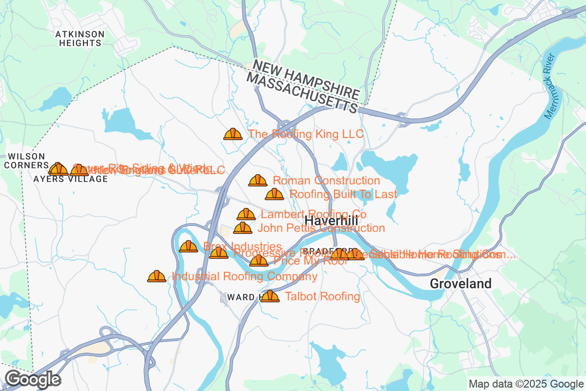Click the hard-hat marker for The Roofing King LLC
(x=233, y=134)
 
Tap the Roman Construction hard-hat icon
(x=258, y=181)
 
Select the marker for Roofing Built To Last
(x=274, y=195)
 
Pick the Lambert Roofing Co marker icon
(x=246, y=214)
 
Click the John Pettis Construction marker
(x=243, y=228)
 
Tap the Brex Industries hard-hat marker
(x=188, y=247)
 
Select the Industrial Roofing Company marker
(x=157, y=277)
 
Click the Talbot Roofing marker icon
(x=270, y=296)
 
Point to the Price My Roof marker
(x=258, y=261)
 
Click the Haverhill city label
(x=331, y=221)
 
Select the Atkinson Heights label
(x=80, y=39)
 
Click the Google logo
(x=33, y=379)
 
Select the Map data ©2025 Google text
(x=526, y=384)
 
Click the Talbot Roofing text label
(x=322, y=296)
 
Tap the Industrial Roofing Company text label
(x=244, y=277)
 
